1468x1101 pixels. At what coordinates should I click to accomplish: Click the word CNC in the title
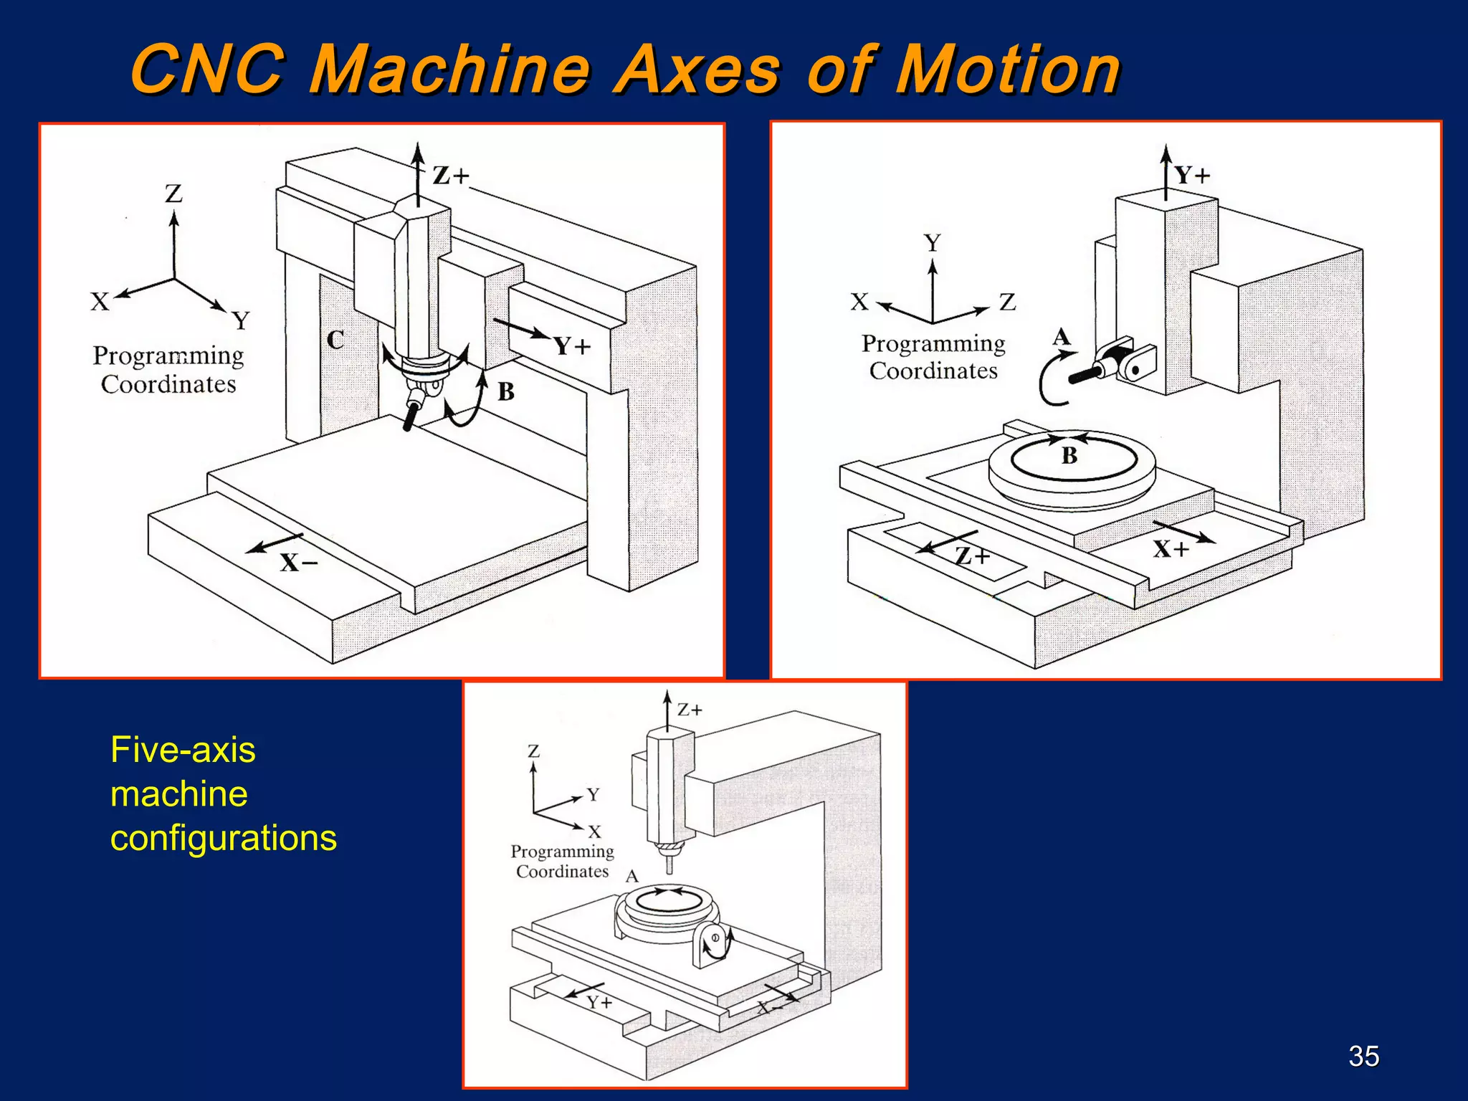208,70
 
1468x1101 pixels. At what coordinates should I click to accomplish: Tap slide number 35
1363,1056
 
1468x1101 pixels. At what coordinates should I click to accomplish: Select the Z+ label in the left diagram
450,176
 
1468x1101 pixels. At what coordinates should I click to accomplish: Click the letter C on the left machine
335,340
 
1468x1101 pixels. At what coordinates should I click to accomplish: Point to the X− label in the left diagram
298,563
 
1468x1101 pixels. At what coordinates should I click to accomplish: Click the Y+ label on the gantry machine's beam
571,347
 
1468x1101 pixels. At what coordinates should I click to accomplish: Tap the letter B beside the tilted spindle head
505,392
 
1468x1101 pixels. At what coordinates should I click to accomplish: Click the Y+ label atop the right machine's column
1191,176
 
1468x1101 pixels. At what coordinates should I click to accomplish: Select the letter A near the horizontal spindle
1061,337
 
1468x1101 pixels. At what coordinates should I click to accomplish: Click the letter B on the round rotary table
1069,455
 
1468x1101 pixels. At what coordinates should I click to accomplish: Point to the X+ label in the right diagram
1171,550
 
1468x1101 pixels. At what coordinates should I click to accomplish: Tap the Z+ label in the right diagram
972,556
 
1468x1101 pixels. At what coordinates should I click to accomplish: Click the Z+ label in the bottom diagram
690,710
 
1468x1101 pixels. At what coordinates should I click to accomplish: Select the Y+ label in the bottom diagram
599,1002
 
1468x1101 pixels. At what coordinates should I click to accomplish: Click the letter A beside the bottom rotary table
631,877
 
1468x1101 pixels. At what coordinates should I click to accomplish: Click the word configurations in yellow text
223,838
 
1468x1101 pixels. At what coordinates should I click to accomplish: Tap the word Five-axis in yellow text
183,750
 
